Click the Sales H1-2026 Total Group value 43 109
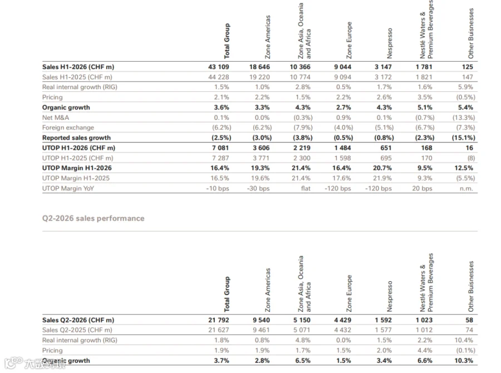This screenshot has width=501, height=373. pos(219,67)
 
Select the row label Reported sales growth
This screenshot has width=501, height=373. pos(76,138)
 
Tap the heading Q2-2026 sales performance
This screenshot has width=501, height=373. pos(94,218)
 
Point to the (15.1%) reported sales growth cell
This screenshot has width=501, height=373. pos(463,138)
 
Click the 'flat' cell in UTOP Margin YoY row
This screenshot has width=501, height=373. pos(306,188)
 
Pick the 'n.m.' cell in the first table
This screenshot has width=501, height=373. pos(466,188)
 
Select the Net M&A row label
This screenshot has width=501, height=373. pos(56,117)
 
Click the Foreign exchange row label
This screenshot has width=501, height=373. pos(68,127)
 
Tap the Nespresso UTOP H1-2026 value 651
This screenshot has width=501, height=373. pos(386,148)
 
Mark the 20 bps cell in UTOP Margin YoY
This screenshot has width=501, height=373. pos(422,188)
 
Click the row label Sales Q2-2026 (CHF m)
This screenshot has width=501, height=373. pos(78,320)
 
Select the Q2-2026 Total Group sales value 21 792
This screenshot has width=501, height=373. pos(219,320)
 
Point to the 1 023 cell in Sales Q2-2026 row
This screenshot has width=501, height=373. pos(424,320)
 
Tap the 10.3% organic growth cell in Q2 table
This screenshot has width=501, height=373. pos(464,361)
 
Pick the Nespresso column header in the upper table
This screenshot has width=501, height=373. pos(389,43)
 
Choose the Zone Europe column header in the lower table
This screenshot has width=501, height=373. pos(349,293)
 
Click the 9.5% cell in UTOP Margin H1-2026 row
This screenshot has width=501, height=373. pos(425,168)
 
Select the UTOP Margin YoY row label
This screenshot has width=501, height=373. pos(68,188)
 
